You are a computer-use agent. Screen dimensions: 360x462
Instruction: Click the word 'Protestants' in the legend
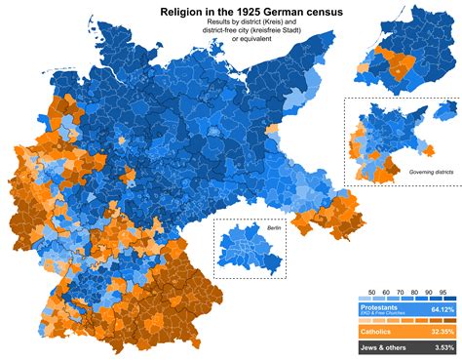coord(380,306)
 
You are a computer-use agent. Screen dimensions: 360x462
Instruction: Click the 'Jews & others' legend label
coord(384,347)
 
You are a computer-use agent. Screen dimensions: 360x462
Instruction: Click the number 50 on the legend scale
coord(368,293)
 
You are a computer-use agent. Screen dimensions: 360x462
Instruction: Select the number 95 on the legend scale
coord(443,293)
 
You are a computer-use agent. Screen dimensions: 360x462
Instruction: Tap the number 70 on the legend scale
coord(399,293)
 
